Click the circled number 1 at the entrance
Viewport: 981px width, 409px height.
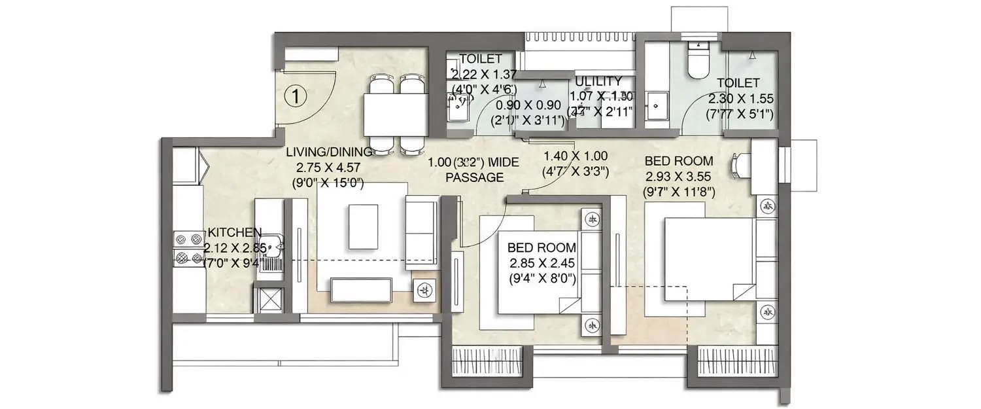[296, 97]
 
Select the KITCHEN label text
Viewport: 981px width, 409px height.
[235, 232]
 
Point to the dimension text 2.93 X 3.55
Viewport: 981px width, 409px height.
[678, 177]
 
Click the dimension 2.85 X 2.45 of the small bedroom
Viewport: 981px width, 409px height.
[542, 263]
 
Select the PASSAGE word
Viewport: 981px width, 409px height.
[474, 177]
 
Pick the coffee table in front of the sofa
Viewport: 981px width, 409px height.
[364, 226]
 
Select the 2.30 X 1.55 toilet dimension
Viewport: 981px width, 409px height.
[740, 99]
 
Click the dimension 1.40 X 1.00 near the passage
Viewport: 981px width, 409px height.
[576, 156]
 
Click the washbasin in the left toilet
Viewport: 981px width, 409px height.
[456, 101]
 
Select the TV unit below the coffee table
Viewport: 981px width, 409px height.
[361, 287]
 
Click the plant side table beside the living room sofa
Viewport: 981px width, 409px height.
[424, 289]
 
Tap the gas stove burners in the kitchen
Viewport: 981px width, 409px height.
[188, 249]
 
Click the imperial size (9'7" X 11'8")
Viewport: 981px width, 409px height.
[678, 192]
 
